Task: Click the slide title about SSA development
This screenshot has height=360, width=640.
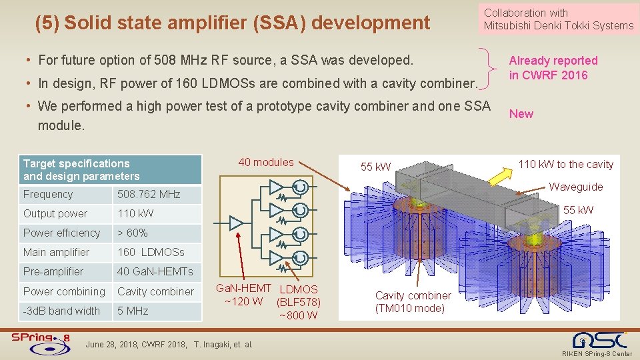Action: pyautogui.click(x=232, y=23)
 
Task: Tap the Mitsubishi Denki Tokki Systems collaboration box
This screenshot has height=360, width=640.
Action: pyautogui.click(x=558, y=19)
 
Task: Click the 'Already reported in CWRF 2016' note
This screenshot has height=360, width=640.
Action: pyautogui.click(x=553, y=68)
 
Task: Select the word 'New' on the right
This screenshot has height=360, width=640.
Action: pyautogui.click(x=521, y=114)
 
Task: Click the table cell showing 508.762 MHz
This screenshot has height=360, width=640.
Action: pyautogui.click(x=149, y=195)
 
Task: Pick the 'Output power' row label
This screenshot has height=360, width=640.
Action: pyautogui.click(x=55, y=214)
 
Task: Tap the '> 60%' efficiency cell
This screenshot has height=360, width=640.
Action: pyautogui.click(x=133, y=233)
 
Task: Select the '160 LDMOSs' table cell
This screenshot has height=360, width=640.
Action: pyautogui.click(x=151, y=253)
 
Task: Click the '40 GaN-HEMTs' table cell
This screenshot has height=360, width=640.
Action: pyautogui.click(x=155, y=272)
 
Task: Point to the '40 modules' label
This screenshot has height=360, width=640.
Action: pyautogui.click(x=266, y=163)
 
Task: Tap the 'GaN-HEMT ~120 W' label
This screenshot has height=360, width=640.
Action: pyautogui.click(x=244, y=295)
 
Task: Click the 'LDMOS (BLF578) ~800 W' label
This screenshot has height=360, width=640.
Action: pyautogui.click(x=298, y=302)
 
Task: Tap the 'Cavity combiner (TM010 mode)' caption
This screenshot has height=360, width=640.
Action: pyautogui.click(x=413, y=301)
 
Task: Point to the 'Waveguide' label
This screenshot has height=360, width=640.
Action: pyautogui.click(x=575, y=187)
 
